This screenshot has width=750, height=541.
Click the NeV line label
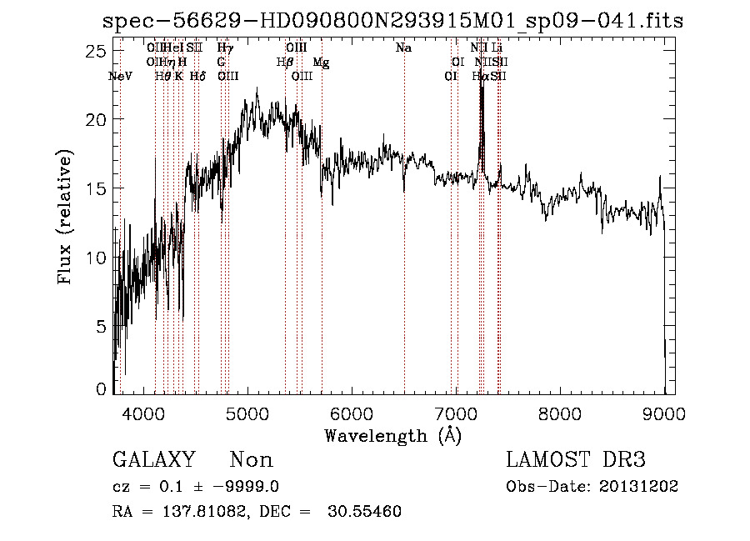(121, 76)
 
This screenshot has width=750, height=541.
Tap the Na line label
(403, 48)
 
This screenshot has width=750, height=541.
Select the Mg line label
(321, 62)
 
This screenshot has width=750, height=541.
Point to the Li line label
(497, 48)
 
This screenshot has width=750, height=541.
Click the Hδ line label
(197, 76)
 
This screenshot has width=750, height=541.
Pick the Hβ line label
(284, 62)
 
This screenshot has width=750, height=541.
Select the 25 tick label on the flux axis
(97, 52)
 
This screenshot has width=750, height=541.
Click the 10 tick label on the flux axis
(97, 258)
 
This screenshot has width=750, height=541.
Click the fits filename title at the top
(392, 21)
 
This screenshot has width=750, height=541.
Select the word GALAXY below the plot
(153, 460)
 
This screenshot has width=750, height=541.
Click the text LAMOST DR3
(576, 460)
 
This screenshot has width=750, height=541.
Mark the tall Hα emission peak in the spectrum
(481, 83)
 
